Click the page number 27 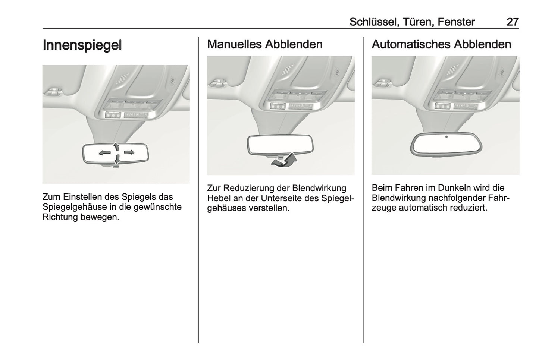[513, 22]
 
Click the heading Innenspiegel [82, 45]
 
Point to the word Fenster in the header [456, 22]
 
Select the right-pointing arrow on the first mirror [129, 152]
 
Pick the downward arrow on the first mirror [117, 159]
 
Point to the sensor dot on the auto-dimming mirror [446, 137]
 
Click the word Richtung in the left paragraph [60, 217]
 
